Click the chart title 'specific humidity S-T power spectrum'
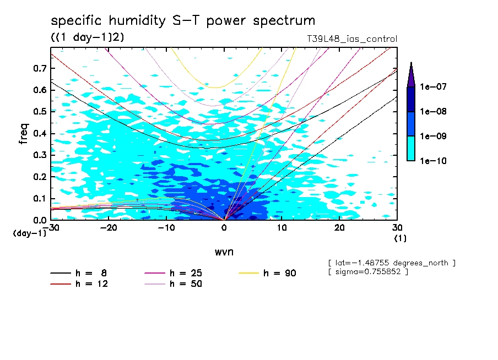(183, 21)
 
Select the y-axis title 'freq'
(24, 134)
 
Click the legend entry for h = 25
(173, 273)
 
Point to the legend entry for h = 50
(173, 284)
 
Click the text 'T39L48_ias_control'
(351, 39)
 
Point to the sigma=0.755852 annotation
(367, 272)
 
